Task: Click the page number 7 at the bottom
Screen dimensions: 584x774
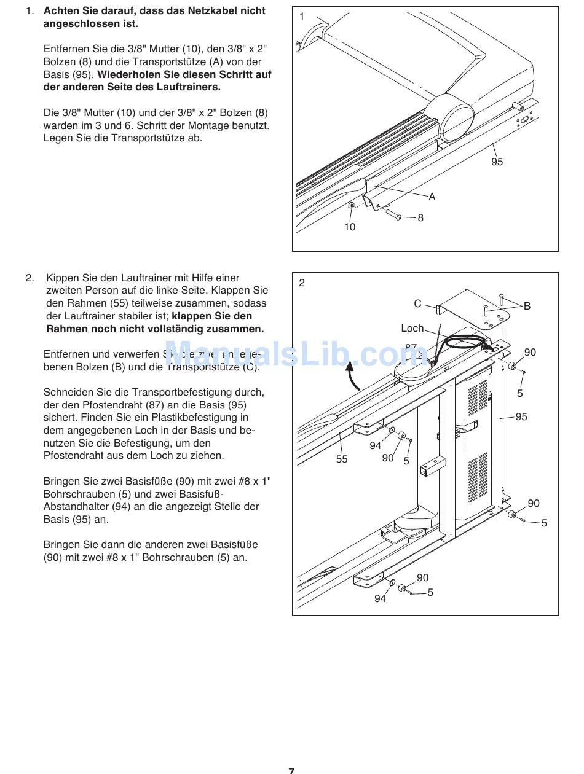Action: (291, 769)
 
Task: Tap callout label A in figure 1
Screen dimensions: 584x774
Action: (432, 197)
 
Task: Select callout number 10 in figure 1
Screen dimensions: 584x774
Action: (350, 227)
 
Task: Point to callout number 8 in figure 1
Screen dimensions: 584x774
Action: (420, 217)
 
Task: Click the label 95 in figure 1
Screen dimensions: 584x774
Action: (497, 162)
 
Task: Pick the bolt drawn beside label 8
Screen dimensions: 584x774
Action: (393, 214)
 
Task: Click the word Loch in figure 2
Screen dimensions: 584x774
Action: (412, 329)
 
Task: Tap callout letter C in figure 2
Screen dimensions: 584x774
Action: (417, 303)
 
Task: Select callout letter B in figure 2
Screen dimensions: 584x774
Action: (527, 306)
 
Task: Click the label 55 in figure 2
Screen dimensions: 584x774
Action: (342, 459)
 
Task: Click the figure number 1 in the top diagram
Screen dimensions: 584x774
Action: (302, 17)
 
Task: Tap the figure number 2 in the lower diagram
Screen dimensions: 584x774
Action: (302, 283)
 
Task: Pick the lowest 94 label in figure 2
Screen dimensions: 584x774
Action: (380, 598)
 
